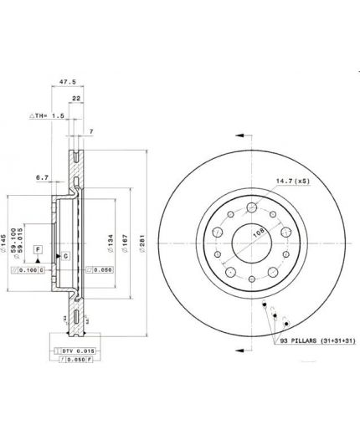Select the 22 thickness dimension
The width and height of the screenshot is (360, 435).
76,99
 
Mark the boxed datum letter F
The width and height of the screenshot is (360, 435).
38,249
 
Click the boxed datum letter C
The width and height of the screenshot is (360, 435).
63,255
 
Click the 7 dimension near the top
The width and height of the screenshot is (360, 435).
90,132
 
